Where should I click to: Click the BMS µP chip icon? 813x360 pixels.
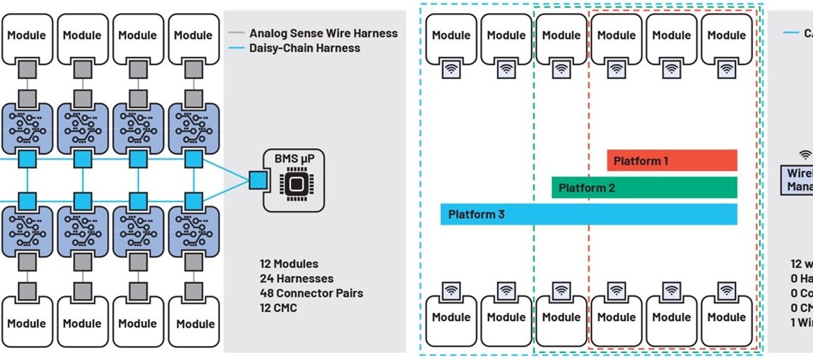pyautogui.click(x=295, y=184)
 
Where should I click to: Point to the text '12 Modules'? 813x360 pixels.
pyautogui.click(x=289, y=263)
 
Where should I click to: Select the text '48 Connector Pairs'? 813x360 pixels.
pyautogui.click(x=311, y=293)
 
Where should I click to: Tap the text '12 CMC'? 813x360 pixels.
pyautogui.click(x=278, y=307)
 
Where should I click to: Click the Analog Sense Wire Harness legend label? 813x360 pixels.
pyautogui.click(x=324, y=33)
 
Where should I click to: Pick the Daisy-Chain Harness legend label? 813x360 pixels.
pyautogui.click(x=305, y=48)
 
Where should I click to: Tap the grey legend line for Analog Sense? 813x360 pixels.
pyautogui.click(x=238, y=33)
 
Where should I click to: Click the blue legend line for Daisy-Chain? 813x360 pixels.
pyautogui.click(x=238, y=48)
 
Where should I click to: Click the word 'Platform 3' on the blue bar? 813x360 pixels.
pyautogui.click(x=476, y=214)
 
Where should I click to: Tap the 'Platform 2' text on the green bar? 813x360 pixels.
pyautogui.click(x=586, y=188)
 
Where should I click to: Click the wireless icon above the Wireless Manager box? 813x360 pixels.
pyautogui.click(x=805, y=154)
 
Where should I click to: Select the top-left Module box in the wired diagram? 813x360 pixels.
pyautogui.click(x=26, y=35)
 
